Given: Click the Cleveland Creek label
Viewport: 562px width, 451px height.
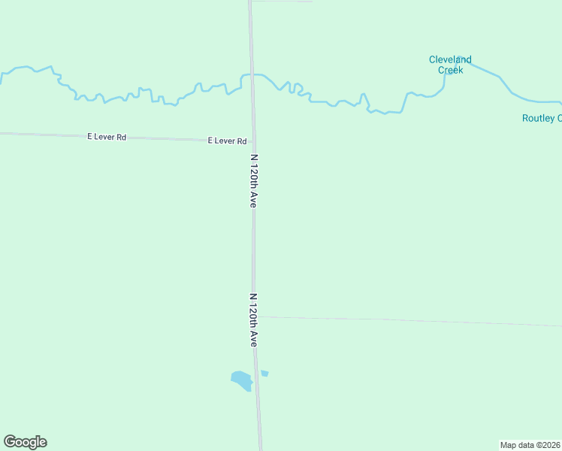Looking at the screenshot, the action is point(450,65).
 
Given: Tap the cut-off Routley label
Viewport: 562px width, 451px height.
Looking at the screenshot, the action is point(542,118).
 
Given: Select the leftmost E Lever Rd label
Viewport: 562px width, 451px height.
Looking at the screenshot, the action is point(107,137).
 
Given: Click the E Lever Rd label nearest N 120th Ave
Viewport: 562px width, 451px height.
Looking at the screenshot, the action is point(227,141).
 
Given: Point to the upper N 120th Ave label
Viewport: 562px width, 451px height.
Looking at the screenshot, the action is point(254,181).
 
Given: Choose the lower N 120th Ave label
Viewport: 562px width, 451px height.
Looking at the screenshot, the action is point(254,319).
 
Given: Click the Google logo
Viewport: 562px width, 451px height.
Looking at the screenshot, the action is point(25,442).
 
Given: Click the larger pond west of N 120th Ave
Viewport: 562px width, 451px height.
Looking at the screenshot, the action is point(241,380).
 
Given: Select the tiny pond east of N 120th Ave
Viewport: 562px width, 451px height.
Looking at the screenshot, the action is point(264,373).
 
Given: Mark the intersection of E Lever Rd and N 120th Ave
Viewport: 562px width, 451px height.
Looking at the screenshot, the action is point(253,141).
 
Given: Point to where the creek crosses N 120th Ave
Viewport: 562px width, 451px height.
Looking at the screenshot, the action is point(252,75).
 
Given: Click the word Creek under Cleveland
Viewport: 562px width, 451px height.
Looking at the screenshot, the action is point(450,70).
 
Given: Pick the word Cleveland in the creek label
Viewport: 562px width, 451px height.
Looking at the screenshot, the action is point(450,59).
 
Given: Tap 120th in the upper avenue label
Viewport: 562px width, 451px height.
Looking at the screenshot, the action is point(254,180).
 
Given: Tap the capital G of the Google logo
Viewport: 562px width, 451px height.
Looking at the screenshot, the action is point(9,442).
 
